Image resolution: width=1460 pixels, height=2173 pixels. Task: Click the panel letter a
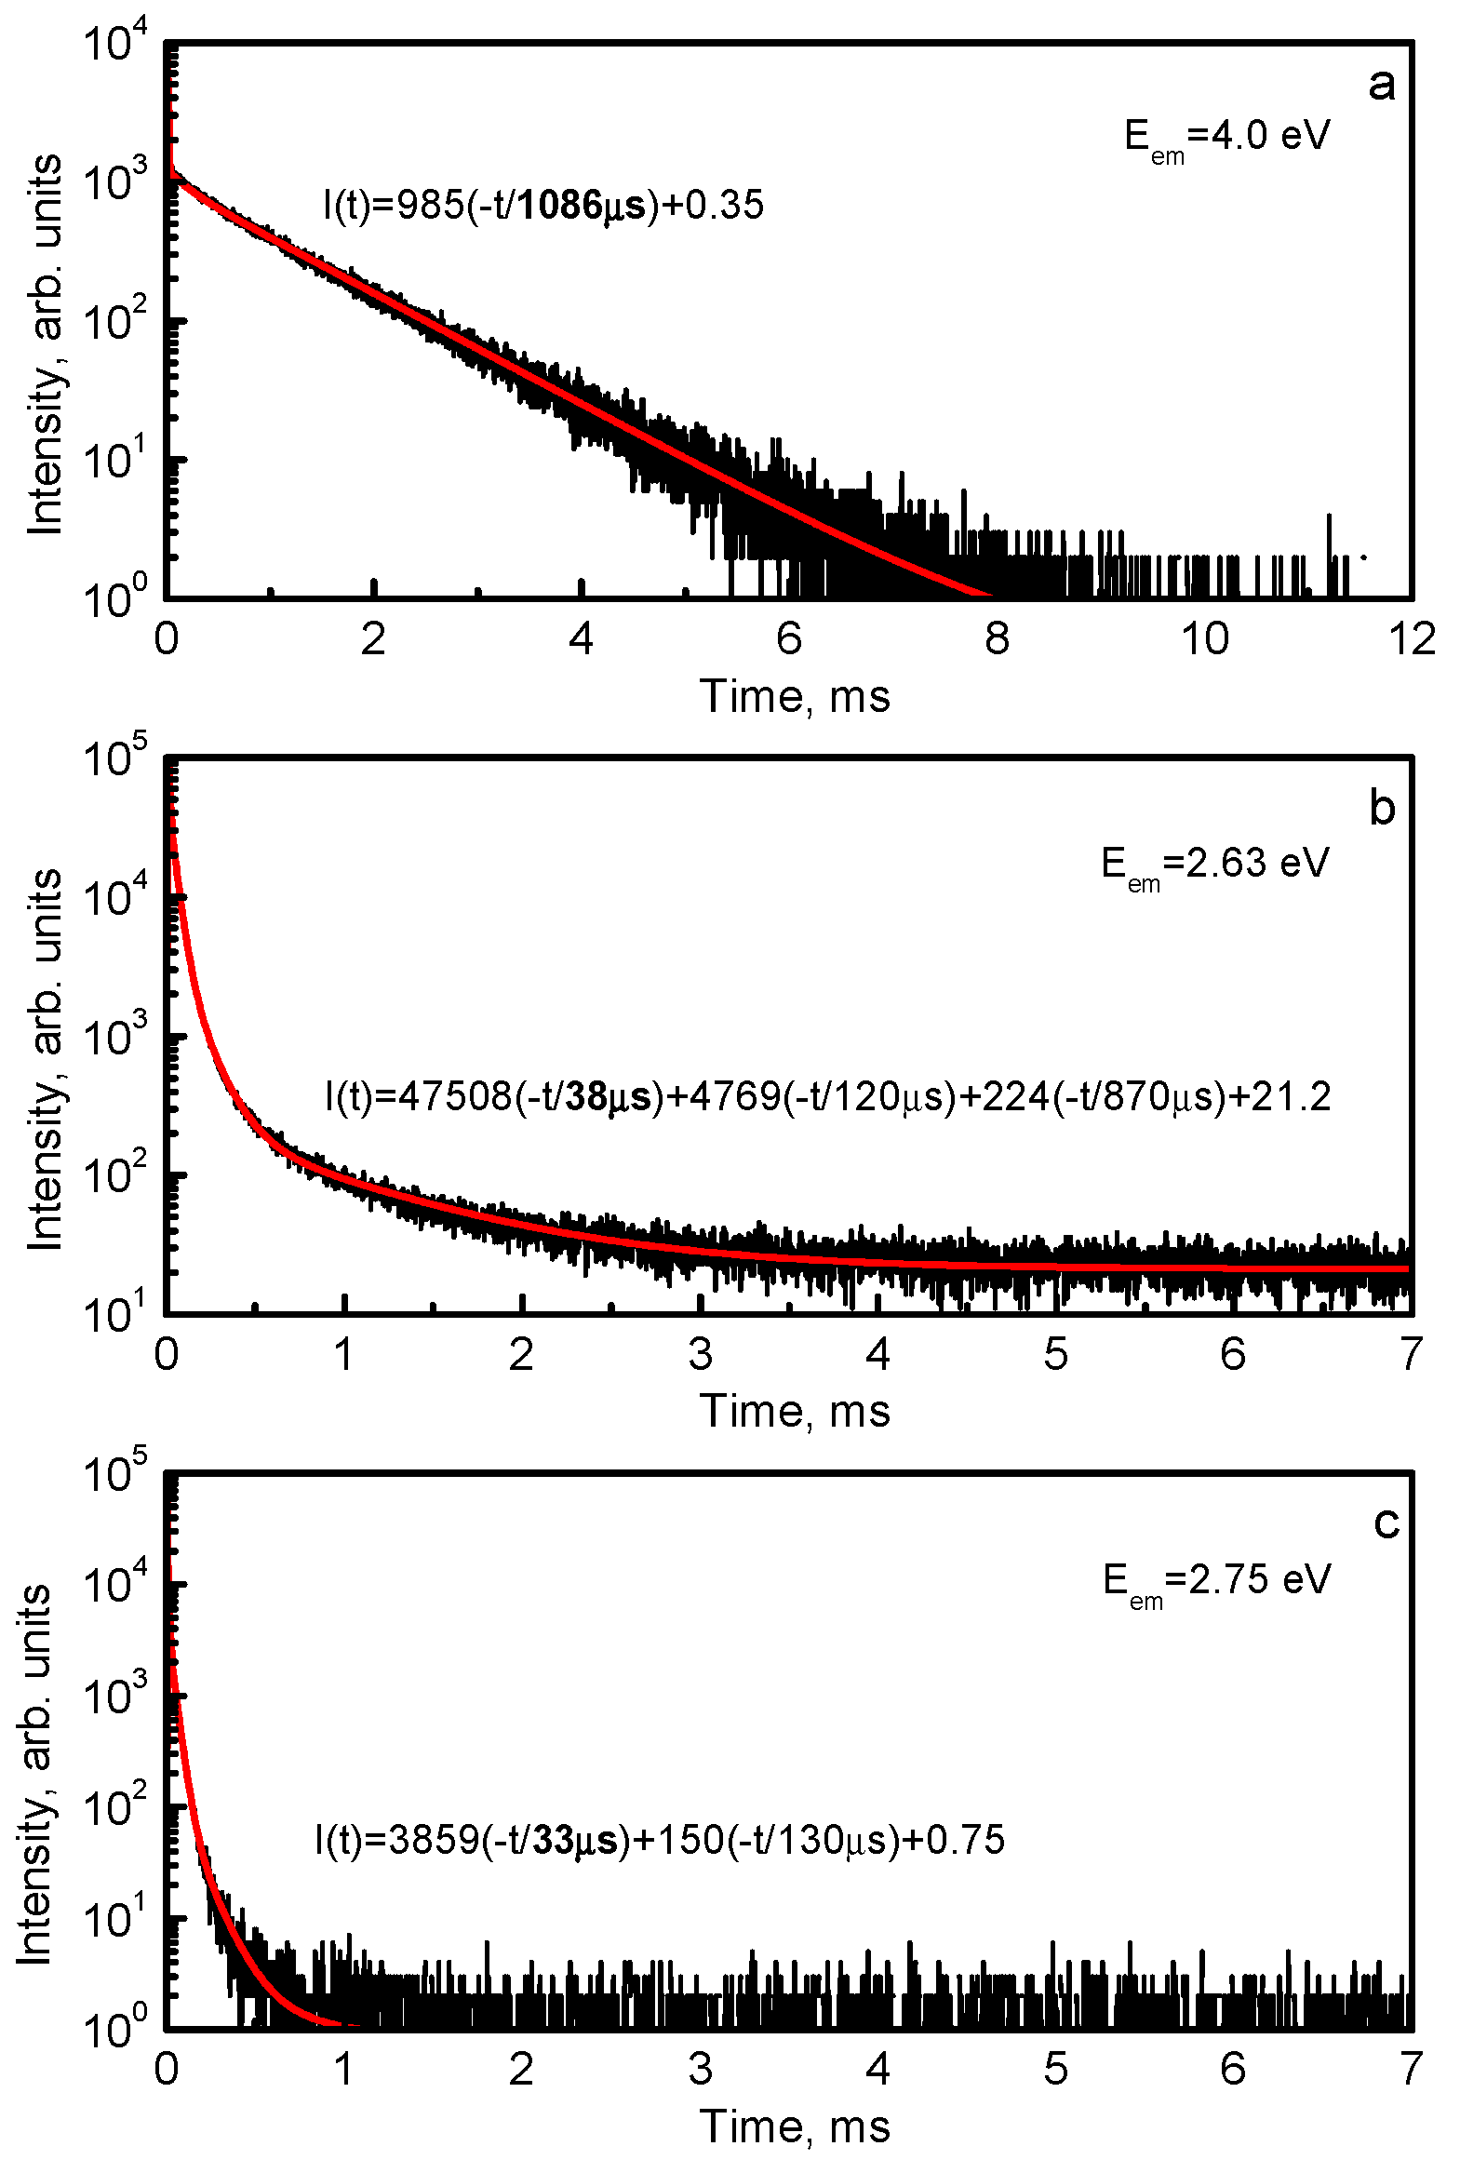pos(1382,86)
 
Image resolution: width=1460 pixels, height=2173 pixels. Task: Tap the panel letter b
pos(1382,809)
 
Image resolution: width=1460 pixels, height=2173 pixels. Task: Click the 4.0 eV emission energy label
pos(1226,138)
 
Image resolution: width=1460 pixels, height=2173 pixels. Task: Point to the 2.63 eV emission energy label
pos(1214,865)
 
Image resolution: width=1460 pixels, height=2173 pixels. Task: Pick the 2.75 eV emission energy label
pos(1216,1581)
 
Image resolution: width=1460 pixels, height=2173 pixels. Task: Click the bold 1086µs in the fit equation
pos(581,206)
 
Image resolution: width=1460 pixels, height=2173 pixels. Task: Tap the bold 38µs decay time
pos(608,1098)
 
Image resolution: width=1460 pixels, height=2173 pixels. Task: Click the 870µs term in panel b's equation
pos(1159,1098)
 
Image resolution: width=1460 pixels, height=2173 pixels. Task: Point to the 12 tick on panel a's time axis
pos(1412,639)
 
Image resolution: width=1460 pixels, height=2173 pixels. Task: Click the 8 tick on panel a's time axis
pos(997,639)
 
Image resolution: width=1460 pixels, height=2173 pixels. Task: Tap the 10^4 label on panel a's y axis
pos(115,44)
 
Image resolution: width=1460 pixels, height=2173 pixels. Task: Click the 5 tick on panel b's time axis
pos(1055,1355)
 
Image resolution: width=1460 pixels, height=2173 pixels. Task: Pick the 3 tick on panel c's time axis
pos(700,2070)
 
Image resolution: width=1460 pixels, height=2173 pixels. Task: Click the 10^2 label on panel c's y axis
pos(115,1809)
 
